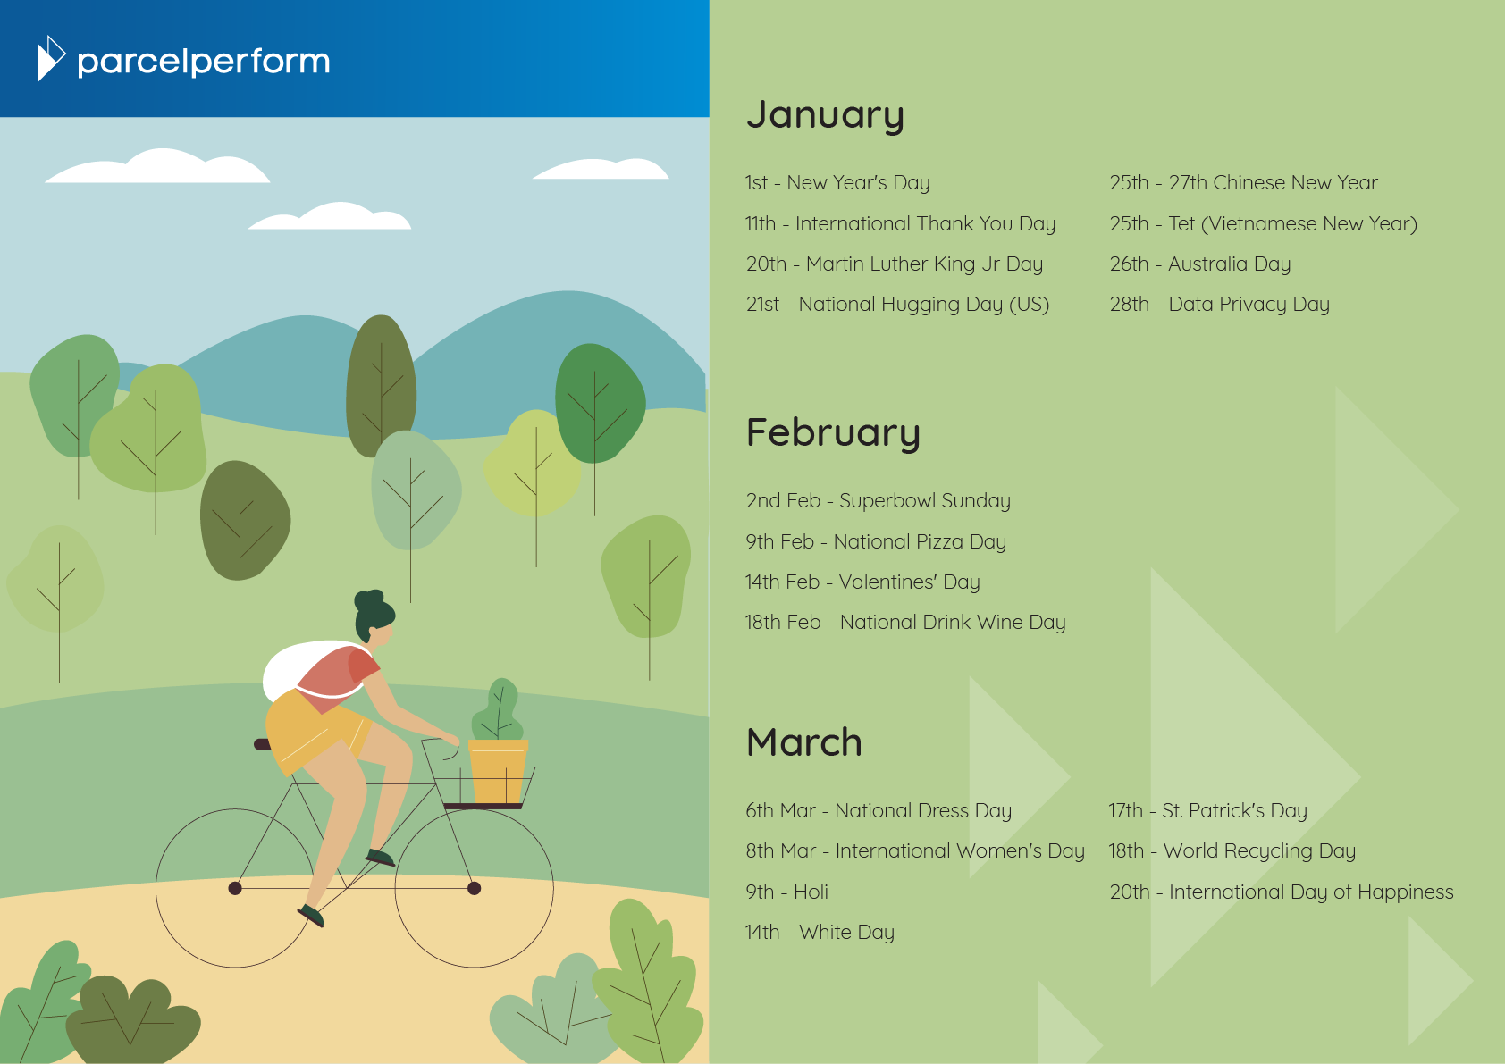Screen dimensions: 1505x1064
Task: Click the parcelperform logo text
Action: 204,62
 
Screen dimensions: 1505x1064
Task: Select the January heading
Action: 825,114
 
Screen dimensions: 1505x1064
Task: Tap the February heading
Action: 833,432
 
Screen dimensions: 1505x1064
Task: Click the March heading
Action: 804,742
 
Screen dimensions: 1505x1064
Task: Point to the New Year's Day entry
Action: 837,183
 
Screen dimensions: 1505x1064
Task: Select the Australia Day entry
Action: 1200,264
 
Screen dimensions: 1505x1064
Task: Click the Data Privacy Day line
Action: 1219,305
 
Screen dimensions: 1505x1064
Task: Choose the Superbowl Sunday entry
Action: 879,501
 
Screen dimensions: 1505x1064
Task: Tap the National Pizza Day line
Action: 876,542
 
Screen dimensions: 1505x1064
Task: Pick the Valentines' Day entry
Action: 862,582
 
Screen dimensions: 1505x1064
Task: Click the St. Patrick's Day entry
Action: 1208,811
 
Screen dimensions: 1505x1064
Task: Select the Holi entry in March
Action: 786,892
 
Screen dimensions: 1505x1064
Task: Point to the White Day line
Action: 820,933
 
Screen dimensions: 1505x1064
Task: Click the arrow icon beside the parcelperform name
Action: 51,58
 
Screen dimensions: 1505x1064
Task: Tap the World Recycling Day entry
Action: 1232,851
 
